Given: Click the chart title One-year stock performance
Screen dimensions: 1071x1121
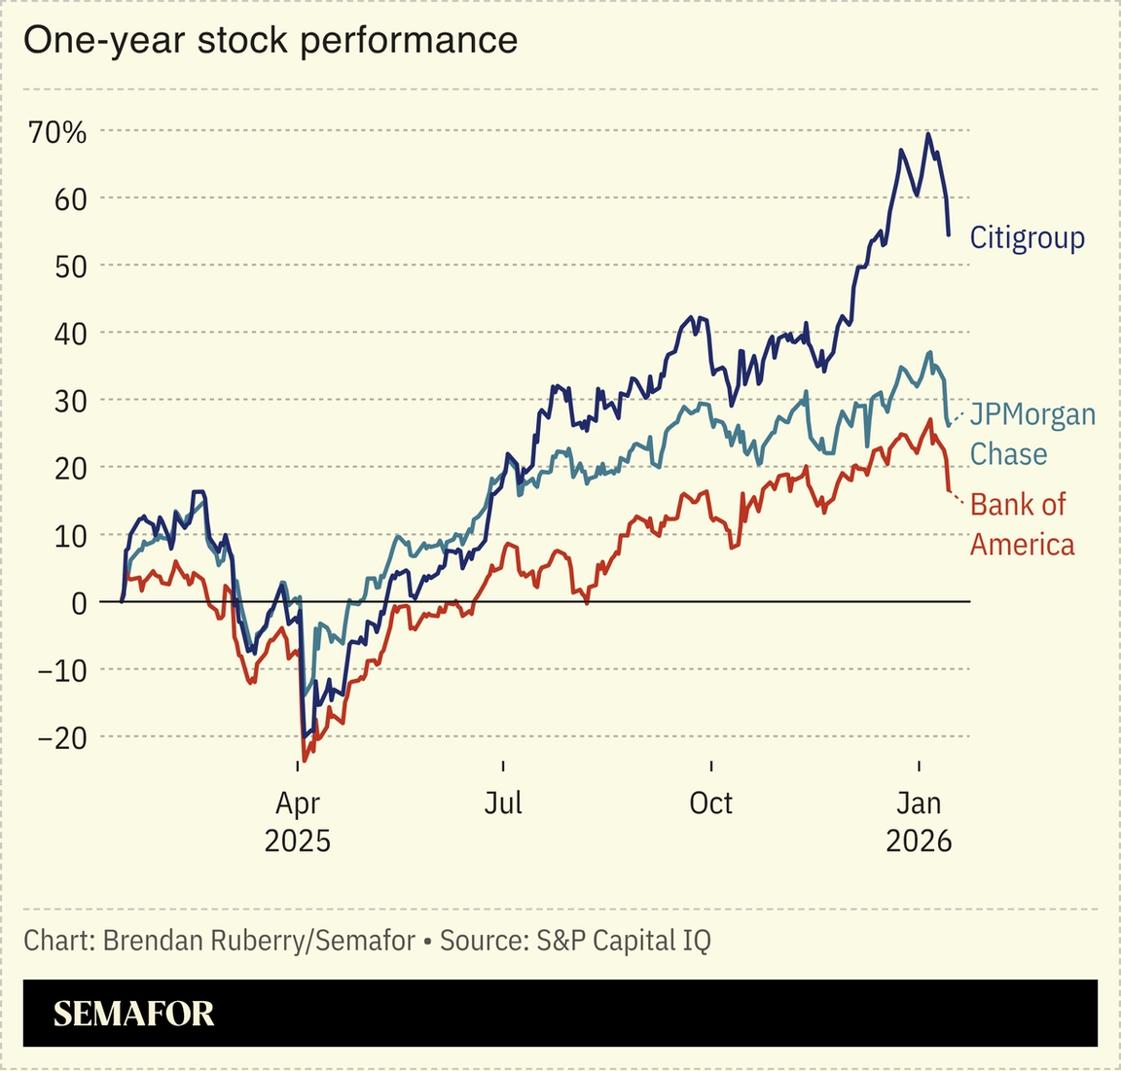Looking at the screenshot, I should pyautogui.click(x=270, y=40).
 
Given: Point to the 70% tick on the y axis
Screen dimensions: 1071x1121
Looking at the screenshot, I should pyautogui.click(x=57, y=131).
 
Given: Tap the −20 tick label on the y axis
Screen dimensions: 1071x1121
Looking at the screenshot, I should pyautogui.click(x=61, y=737).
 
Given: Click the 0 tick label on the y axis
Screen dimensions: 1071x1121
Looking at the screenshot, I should pyautogui.click(x=79, y=603).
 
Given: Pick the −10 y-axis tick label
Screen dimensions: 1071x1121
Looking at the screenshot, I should pyautogui.click(x=61, y=670).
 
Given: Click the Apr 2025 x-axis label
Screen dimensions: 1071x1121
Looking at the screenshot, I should pyautogui.click(x=297, y=821).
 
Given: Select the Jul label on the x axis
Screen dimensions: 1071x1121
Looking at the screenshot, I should pyautogui.click(x=503, y=803).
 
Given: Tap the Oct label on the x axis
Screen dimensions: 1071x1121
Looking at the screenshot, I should pyautogui.click(x=710, y=803).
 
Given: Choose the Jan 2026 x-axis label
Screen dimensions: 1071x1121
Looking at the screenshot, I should pyautogui.click(x=919, y=821).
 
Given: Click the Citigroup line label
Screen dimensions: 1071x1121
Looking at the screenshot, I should pyautogui.click(x=1027, y=237).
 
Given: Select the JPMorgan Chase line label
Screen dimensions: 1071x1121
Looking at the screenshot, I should pyautogui.click(x=1031, y=434).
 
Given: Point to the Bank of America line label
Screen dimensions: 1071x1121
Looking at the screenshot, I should pyautogui.click(x=1022, y=523).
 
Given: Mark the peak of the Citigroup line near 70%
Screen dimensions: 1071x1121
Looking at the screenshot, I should pyautogui.click(x=928, y=133).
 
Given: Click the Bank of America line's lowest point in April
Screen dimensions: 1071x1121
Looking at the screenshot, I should pyautogui.click(x=304, y=761).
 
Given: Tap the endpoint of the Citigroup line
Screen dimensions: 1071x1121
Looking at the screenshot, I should pyautogui.click(x=949, y=234).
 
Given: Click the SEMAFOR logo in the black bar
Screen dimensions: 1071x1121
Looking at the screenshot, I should pyautogui.click(x=133, y=1014).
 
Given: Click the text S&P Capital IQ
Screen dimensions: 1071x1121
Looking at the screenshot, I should pyautogui.click(x=623, y=941).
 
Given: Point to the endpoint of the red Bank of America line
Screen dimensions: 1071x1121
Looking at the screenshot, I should pyautogui.click(x=949, y=490).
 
